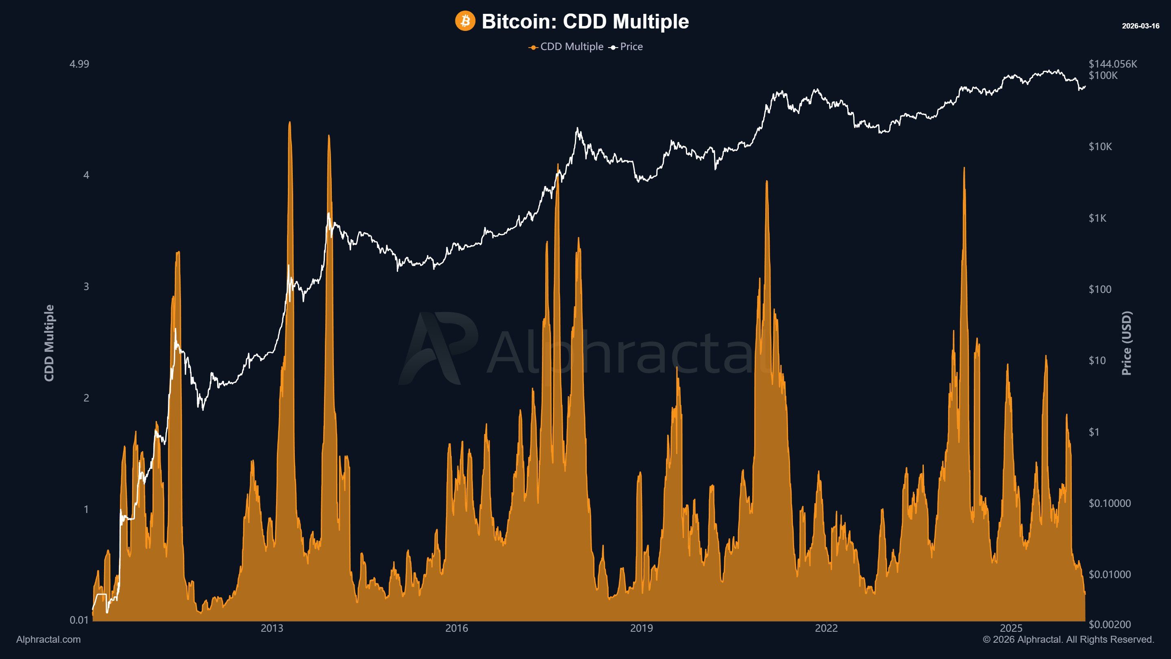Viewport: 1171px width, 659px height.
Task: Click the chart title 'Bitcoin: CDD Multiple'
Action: click(x=585, y=22)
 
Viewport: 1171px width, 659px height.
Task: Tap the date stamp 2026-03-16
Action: click(x=1140, y=26)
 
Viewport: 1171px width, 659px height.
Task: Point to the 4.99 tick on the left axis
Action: click(x=79, y=64)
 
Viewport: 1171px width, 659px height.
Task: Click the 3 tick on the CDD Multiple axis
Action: click(x=86, y=286)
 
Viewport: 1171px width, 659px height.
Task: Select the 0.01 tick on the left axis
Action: click(x=79, y=620)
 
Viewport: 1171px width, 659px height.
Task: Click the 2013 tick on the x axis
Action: click(x=272, y=628)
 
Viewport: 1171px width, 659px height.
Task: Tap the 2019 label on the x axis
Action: click(x=642, y=628)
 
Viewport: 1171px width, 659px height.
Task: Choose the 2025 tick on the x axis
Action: click(x=1011, y=628)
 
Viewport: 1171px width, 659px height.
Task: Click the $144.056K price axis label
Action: click(x=1112, y=64)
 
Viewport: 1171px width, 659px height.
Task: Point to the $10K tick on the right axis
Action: click(x=1100, y=146)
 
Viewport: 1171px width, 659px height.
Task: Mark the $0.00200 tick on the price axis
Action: click(x=1109, y=624)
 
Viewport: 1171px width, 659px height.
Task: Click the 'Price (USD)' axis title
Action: click(x=1126, y=343)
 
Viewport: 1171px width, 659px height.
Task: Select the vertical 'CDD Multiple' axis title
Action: click(x=49, y=343)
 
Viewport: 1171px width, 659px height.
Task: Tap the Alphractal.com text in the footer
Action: click(x=48, y=639)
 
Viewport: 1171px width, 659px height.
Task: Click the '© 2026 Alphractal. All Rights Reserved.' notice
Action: click(x=1068, y=639)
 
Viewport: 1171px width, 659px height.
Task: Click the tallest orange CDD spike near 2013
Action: click(x=289, y=123)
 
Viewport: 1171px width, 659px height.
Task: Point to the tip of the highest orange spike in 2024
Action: click(x=964, y=168)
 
